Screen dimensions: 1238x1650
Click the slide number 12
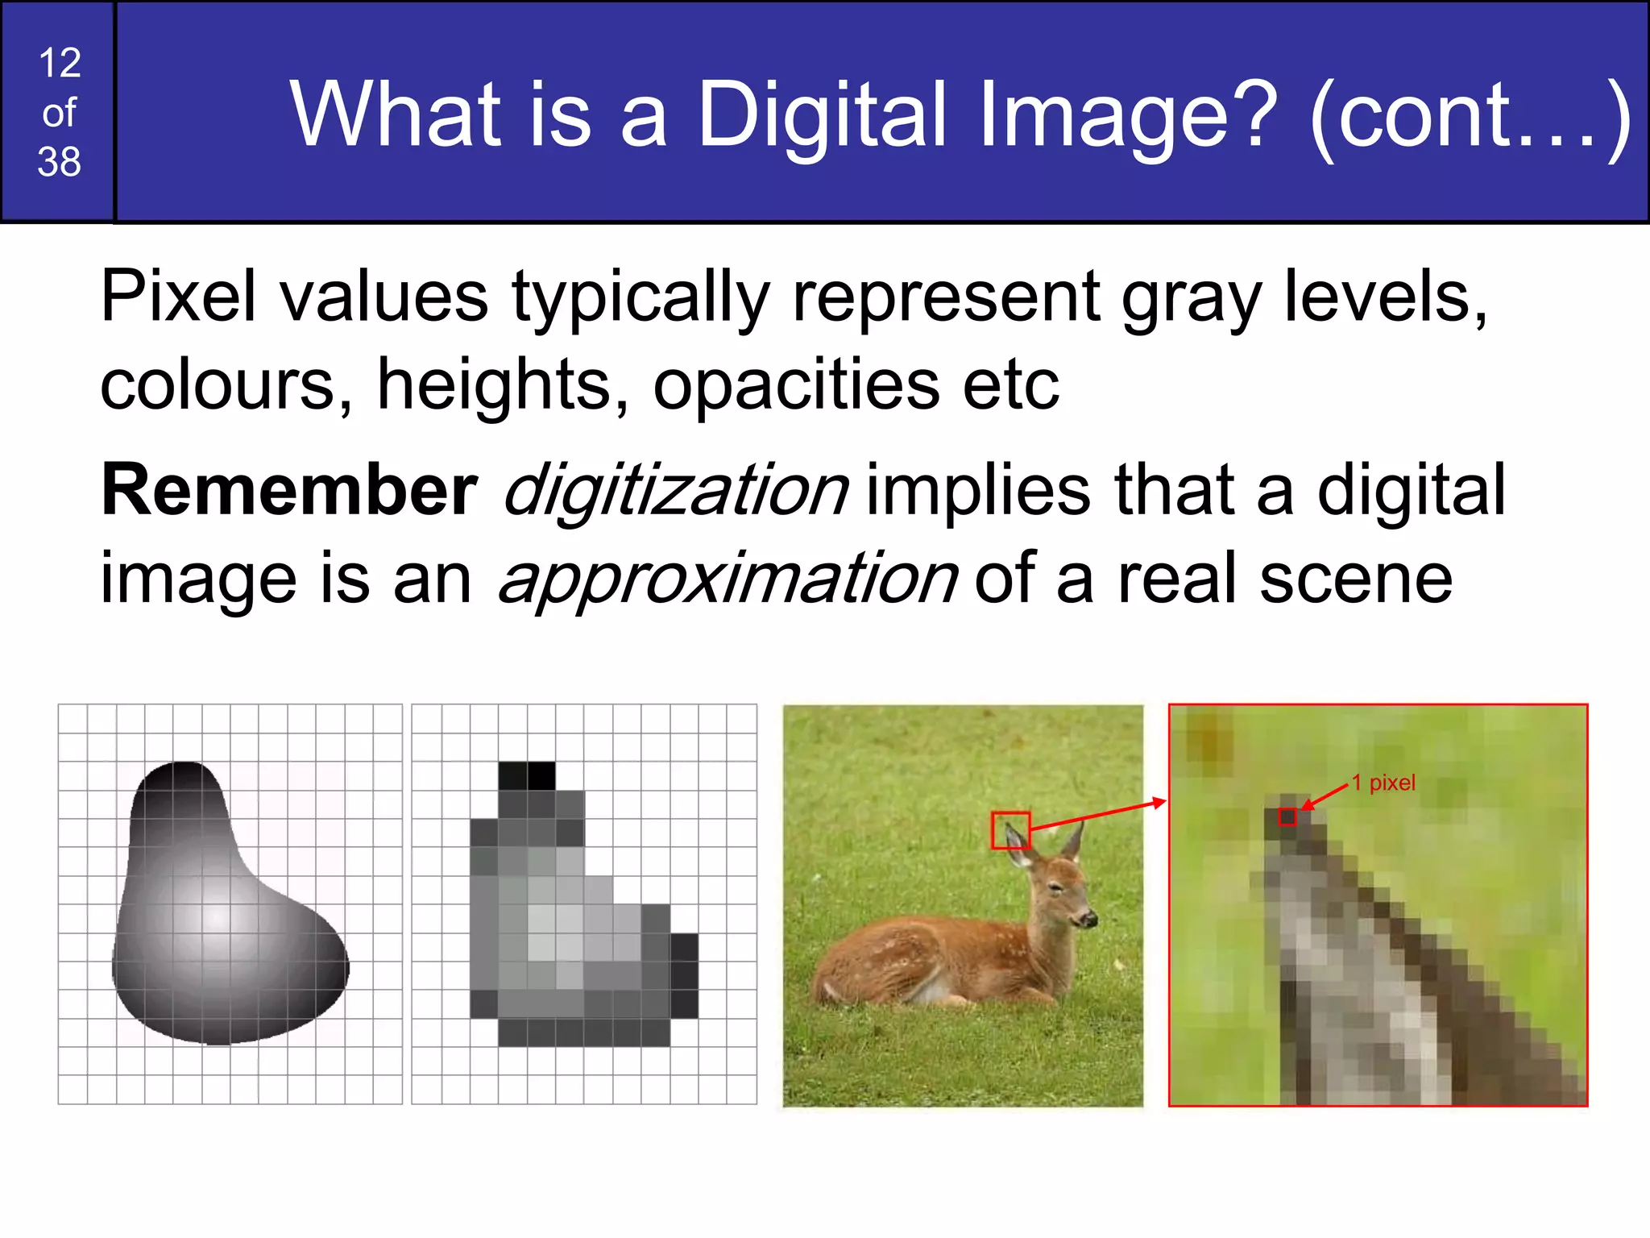60,63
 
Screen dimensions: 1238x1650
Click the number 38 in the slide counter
60,162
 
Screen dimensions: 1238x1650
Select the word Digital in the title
821,116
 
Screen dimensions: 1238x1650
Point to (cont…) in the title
1470,116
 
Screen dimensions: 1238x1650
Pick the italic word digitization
675,492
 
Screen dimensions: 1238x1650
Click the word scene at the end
1356,579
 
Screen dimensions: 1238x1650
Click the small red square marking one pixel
1287,816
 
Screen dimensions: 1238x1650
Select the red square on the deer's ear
1010,830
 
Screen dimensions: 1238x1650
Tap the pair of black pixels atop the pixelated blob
527,775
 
